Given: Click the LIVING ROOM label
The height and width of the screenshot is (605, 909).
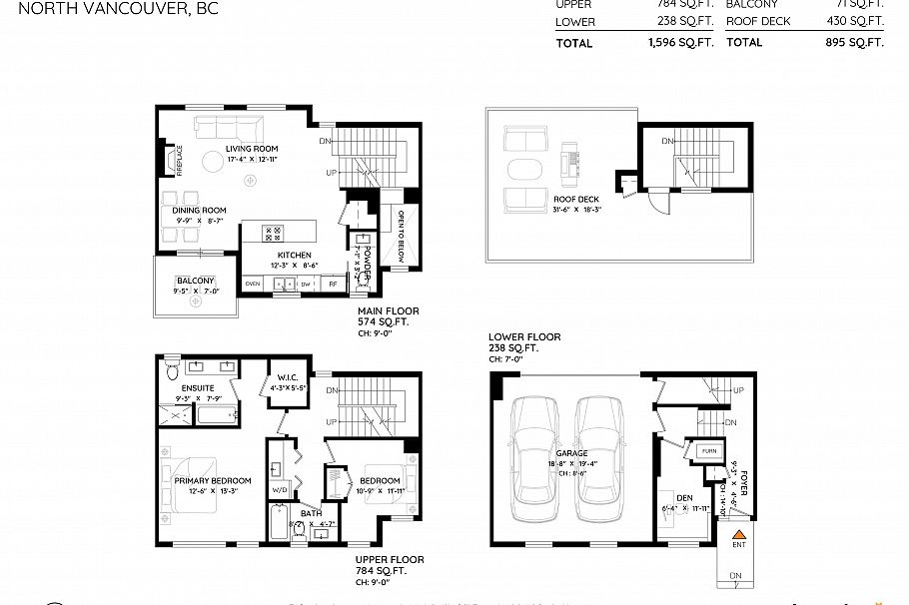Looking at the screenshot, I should coord(223,149).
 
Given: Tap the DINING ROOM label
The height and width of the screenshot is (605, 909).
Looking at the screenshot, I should coord(199,210).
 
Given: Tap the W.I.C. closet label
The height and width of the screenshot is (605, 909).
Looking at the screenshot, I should coord(286,376).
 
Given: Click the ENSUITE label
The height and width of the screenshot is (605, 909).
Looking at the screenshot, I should coord(197,386).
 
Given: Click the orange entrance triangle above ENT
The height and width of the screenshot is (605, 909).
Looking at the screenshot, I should coord(739,536).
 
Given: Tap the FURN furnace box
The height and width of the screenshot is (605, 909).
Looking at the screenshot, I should coord(709,451).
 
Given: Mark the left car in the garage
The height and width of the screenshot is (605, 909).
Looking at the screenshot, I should coord(538,460).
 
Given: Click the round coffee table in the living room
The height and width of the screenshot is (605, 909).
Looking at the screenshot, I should coord(213,162).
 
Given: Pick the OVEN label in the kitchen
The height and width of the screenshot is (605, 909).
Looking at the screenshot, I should coord(253,285).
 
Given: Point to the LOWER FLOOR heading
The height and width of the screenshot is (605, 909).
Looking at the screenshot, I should coord(524,337).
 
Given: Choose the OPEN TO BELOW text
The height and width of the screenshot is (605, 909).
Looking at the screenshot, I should coord(401,230).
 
